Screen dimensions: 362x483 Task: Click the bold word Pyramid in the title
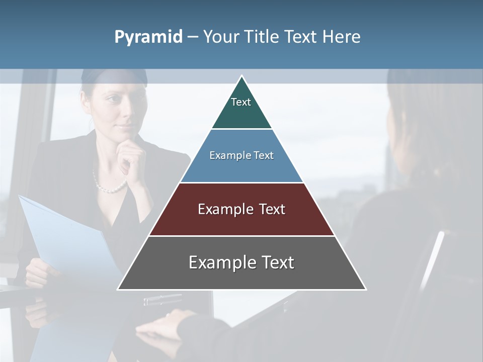(x=148, y=37)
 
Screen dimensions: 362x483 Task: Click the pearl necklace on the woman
(x=110, y=186)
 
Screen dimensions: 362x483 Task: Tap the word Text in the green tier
(x=241, y=102)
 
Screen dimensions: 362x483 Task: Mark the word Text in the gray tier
(x=272, y=262)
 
